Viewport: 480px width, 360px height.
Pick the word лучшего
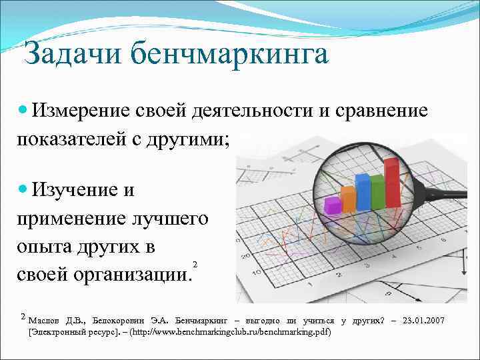click(169, 219)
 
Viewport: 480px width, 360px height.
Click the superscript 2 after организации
click(194, 264)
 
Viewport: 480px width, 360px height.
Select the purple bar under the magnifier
click(332, 204)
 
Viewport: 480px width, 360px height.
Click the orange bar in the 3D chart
click(348, 197)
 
